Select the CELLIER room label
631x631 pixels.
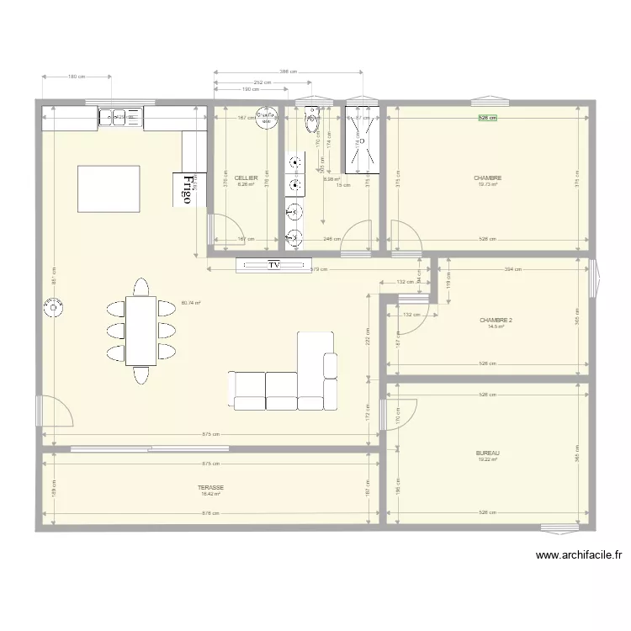pyautogui.click(x=246, y=178)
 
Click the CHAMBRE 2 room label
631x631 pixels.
pyautogui.click(x=496, y=321)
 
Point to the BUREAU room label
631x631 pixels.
pyautogui.click(x=488, y=453)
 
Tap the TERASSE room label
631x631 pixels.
pyautogui.click(x=210, y=487)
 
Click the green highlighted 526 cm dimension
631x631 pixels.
pyautogui.click(x=488, y=119)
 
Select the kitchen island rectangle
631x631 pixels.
pyautogui.click(x=109, y=189)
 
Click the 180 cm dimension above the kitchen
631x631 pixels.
pyautogui.click(x=76, y=77)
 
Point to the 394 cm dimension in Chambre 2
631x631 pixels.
pyautogui.click(x=512, y=269)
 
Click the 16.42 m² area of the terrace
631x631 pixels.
pyautogui.click(x=210, y=495)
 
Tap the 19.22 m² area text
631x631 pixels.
pyautogui.click(x=488, y=459)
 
